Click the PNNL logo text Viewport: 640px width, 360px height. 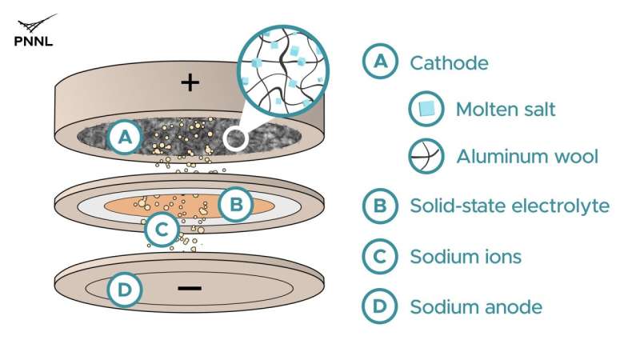[34, 42]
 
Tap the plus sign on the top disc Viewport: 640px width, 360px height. [190, 83]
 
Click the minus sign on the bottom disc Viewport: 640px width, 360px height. [190, 289]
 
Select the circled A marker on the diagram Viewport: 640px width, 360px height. [126, 137]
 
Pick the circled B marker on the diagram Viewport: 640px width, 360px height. [236, 204]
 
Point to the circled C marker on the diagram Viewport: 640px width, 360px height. [162, 230]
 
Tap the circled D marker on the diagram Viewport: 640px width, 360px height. [125, 290]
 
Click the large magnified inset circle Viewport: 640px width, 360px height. [283, 71]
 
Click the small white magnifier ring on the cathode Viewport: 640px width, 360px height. [235, 138]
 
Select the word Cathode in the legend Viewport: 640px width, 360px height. [449, 63]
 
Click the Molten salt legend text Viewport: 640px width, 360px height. [506, 110]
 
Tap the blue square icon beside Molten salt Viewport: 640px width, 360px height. [426, 109]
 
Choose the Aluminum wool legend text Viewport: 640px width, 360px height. [527, 156]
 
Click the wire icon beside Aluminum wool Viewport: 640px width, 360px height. [426, 156]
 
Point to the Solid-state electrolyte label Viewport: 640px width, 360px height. [510, 206]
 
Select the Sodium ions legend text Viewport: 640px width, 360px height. [466, 257]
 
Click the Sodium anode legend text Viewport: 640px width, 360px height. [476, 307]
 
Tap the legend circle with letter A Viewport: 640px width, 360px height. [380, 62]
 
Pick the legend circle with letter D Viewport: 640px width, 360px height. [379, 306]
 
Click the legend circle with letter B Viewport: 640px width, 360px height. [380, 206]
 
